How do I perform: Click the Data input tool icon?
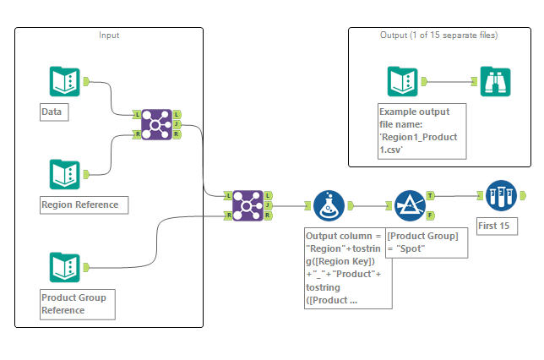coord(65,81)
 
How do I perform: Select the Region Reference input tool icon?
coord(65,174)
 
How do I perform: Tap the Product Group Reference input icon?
coord(65,267)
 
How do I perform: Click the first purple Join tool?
coord(156,123)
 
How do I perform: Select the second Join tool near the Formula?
coord(248,205)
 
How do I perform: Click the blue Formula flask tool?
coord(329,205)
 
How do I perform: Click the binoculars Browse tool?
coord(495,81)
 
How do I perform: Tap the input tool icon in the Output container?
coord(402,81)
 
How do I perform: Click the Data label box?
coord(52,112)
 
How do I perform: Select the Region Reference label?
coord(84,205)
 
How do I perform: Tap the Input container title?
coord(109,35)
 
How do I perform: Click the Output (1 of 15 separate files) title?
coord(438,35)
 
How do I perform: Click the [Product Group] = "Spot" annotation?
coord(422,242)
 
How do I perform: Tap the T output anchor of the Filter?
coord(432,195)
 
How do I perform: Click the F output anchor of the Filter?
coord(432,215)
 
